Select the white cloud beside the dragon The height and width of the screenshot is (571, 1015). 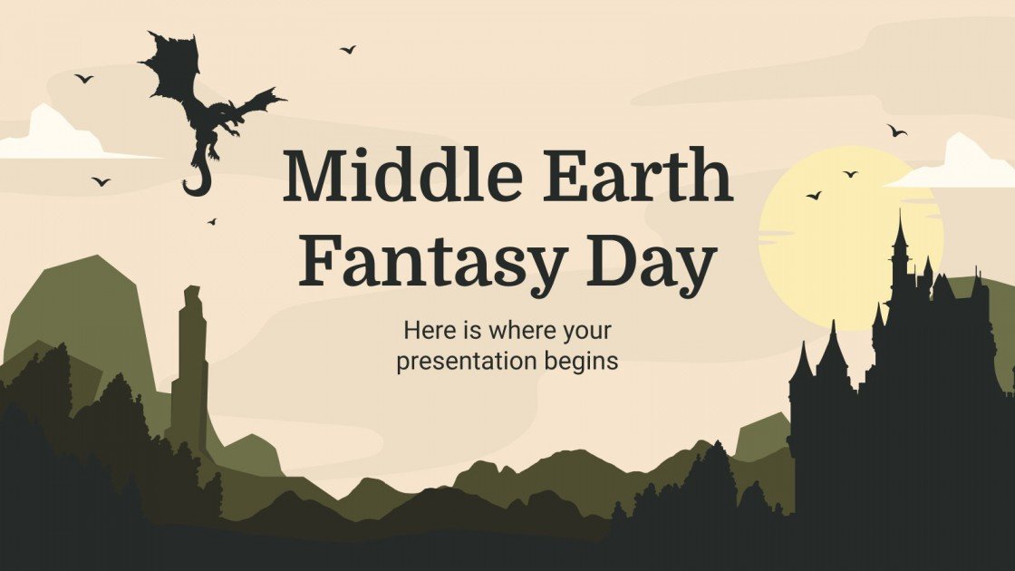54,136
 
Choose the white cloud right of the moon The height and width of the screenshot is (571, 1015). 961,165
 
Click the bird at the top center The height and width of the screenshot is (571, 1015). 348,49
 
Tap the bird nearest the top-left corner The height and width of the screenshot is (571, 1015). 84,79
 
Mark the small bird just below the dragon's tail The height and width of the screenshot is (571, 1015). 212,220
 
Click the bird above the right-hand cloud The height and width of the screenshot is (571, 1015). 896,131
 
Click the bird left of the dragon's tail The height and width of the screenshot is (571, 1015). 101,181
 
